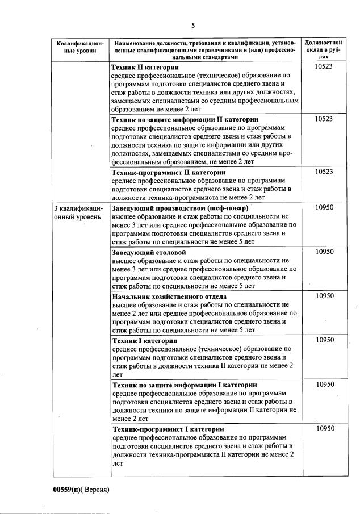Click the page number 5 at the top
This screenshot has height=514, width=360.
click(193, 26)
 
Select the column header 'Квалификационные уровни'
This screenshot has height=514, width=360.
click(77, 47)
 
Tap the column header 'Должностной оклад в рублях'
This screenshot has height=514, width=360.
click(323, 49)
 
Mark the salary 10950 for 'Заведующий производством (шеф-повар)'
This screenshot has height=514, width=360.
click(324, 207)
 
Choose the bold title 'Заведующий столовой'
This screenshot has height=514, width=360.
click(149, 252)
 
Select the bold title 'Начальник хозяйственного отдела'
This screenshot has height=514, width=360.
click(169, 296)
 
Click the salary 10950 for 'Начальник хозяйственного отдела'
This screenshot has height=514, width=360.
click(324, 296)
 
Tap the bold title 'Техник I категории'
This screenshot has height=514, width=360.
click(144, 340)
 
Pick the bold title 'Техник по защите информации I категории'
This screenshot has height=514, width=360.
click(184, 385)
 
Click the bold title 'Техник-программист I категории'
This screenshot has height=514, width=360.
click(168, 429)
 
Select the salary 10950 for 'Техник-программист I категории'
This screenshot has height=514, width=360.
click(324, 429)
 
